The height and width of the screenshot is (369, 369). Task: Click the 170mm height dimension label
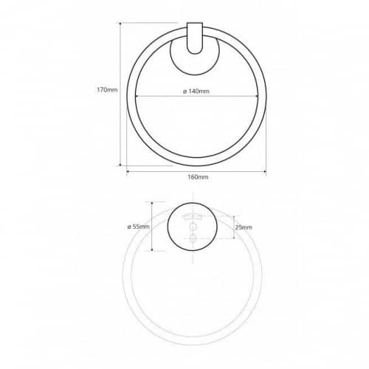[107, 90]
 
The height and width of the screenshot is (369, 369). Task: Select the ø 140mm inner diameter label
[196, 92]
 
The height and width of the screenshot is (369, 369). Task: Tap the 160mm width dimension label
[198, 177]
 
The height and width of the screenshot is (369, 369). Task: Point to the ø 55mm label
[138, 227]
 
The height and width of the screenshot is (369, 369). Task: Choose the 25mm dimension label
[244, 227]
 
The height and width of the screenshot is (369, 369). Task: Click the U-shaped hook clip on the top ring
[195, 38]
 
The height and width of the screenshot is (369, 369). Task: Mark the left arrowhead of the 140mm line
[137, 96]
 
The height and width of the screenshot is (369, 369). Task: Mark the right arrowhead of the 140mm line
[256, 96]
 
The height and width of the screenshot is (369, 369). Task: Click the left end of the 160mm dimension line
[127, 171]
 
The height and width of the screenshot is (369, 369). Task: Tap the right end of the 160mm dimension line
[266, 171]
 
